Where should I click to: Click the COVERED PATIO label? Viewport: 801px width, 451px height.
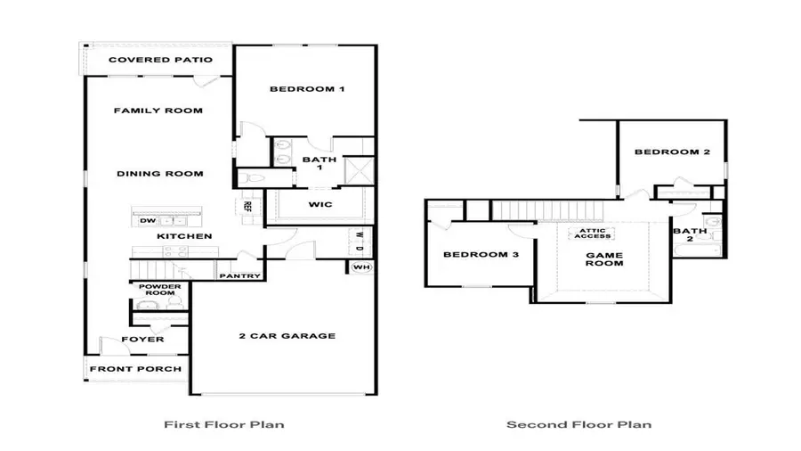click(x=160, y=61)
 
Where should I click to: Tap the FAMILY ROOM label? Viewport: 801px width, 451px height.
click(x=158, y=111)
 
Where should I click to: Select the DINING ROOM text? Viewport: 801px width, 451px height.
click(x=160, y=174)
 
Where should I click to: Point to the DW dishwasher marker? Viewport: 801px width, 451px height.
click(x=147, y=220)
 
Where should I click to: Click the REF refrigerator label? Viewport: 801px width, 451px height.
click(x=248, y=206)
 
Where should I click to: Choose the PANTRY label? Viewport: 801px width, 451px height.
click(x=239, y=276)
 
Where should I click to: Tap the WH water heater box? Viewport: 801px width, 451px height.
click(x=360, y=267)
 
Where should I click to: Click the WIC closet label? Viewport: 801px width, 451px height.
click(x=320, y=205)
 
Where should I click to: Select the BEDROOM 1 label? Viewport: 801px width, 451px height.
click(x=306, y=89)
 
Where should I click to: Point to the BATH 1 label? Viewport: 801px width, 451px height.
click(x=319, y=166)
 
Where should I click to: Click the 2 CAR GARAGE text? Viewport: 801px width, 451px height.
click(x=287, y=336)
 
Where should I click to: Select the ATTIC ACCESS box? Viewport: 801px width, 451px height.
click(x=593, y=233)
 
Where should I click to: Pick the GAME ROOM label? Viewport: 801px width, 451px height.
click(x=603, y=259)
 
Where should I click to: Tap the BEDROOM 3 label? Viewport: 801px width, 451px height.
click(x=481, y=256)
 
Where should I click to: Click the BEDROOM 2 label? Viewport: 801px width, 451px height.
click(x=672, y=152)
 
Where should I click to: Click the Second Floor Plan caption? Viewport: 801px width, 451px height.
click(x=578, y=424)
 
